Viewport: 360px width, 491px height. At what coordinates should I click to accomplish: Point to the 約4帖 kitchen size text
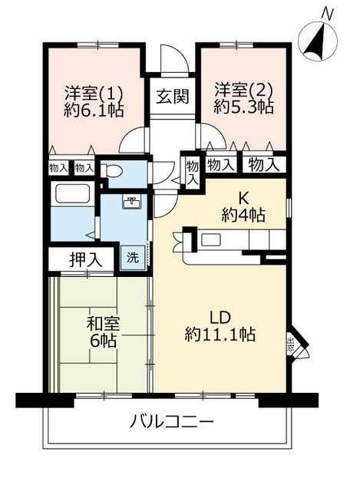tap(243, 216)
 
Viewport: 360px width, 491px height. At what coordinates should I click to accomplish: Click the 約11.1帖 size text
tap(220, 334)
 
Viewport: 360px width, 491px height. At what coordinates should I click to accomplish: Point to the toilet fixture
tap(114, 173)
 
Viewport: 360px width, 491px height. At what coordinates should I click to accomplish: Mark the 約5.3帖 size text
tap(243, 107)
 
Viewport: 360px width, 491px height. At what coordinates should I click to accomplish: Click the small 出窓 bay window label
tap(290, 344)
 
